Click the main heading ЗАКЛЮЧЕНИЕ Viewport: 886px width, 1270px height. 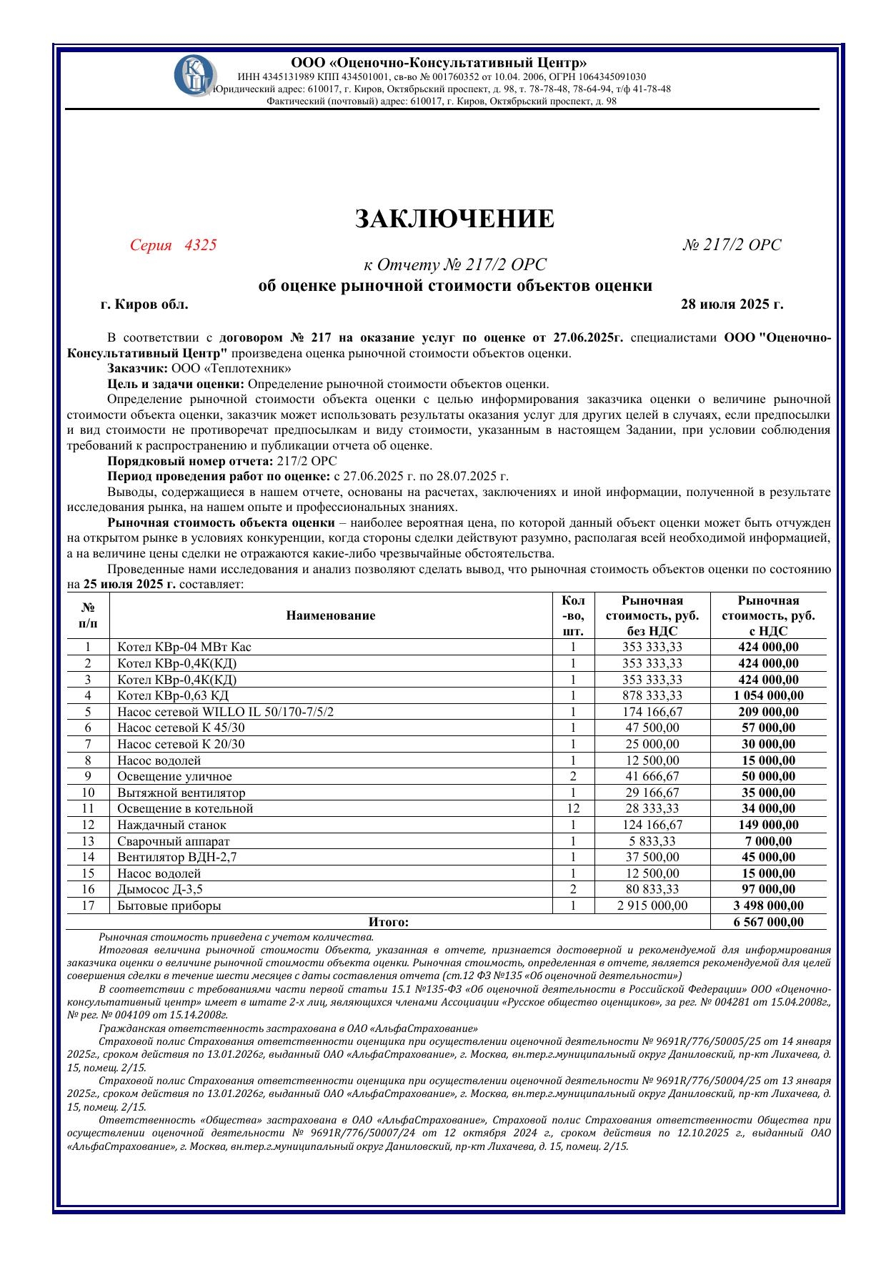[x=454, y=219]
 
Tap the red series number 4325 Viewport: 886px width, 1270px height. [x=200, y=245]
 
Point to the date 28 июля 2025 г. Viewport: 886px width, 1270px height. [x=732, y=304]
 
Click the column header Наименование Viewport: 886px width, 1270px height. [x=331, y=615]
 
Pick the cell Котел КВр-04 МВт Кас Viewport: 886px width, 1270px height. [x=184, y=647]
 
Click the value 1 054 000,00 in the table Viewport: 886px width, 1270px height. [x=768, y=695]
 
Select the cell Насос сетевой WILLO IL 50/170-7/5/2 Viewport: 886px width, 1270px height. [x=225, y=712]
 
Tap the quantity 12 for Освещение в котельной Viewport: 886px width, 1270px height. [x=573, y=808]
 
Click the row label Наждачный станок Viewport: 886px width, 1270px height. [x=171, y=825]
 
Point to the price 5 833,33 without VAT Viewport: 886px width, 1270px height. [x=652, y=841]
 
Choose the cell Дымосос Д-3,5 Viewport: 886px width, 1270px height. [x=165, y=889]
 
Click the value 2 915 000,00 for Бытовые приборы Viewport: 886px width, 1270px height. [x=652, y=906]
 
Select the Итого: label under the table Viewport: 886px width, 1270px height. [x=389, y=922]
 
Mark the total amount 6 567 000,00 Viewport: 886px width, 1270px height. [x=768, y=922]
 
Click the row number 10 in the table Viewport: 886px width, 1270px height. [x=88, y=793]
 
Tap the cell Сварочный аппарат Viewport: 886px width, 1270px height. [x=174, y=841]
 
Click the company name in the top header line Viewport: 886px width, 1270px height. [x=439, y=63]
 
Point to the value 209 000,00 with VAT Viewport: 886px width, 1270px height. [x=768, y=712]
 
